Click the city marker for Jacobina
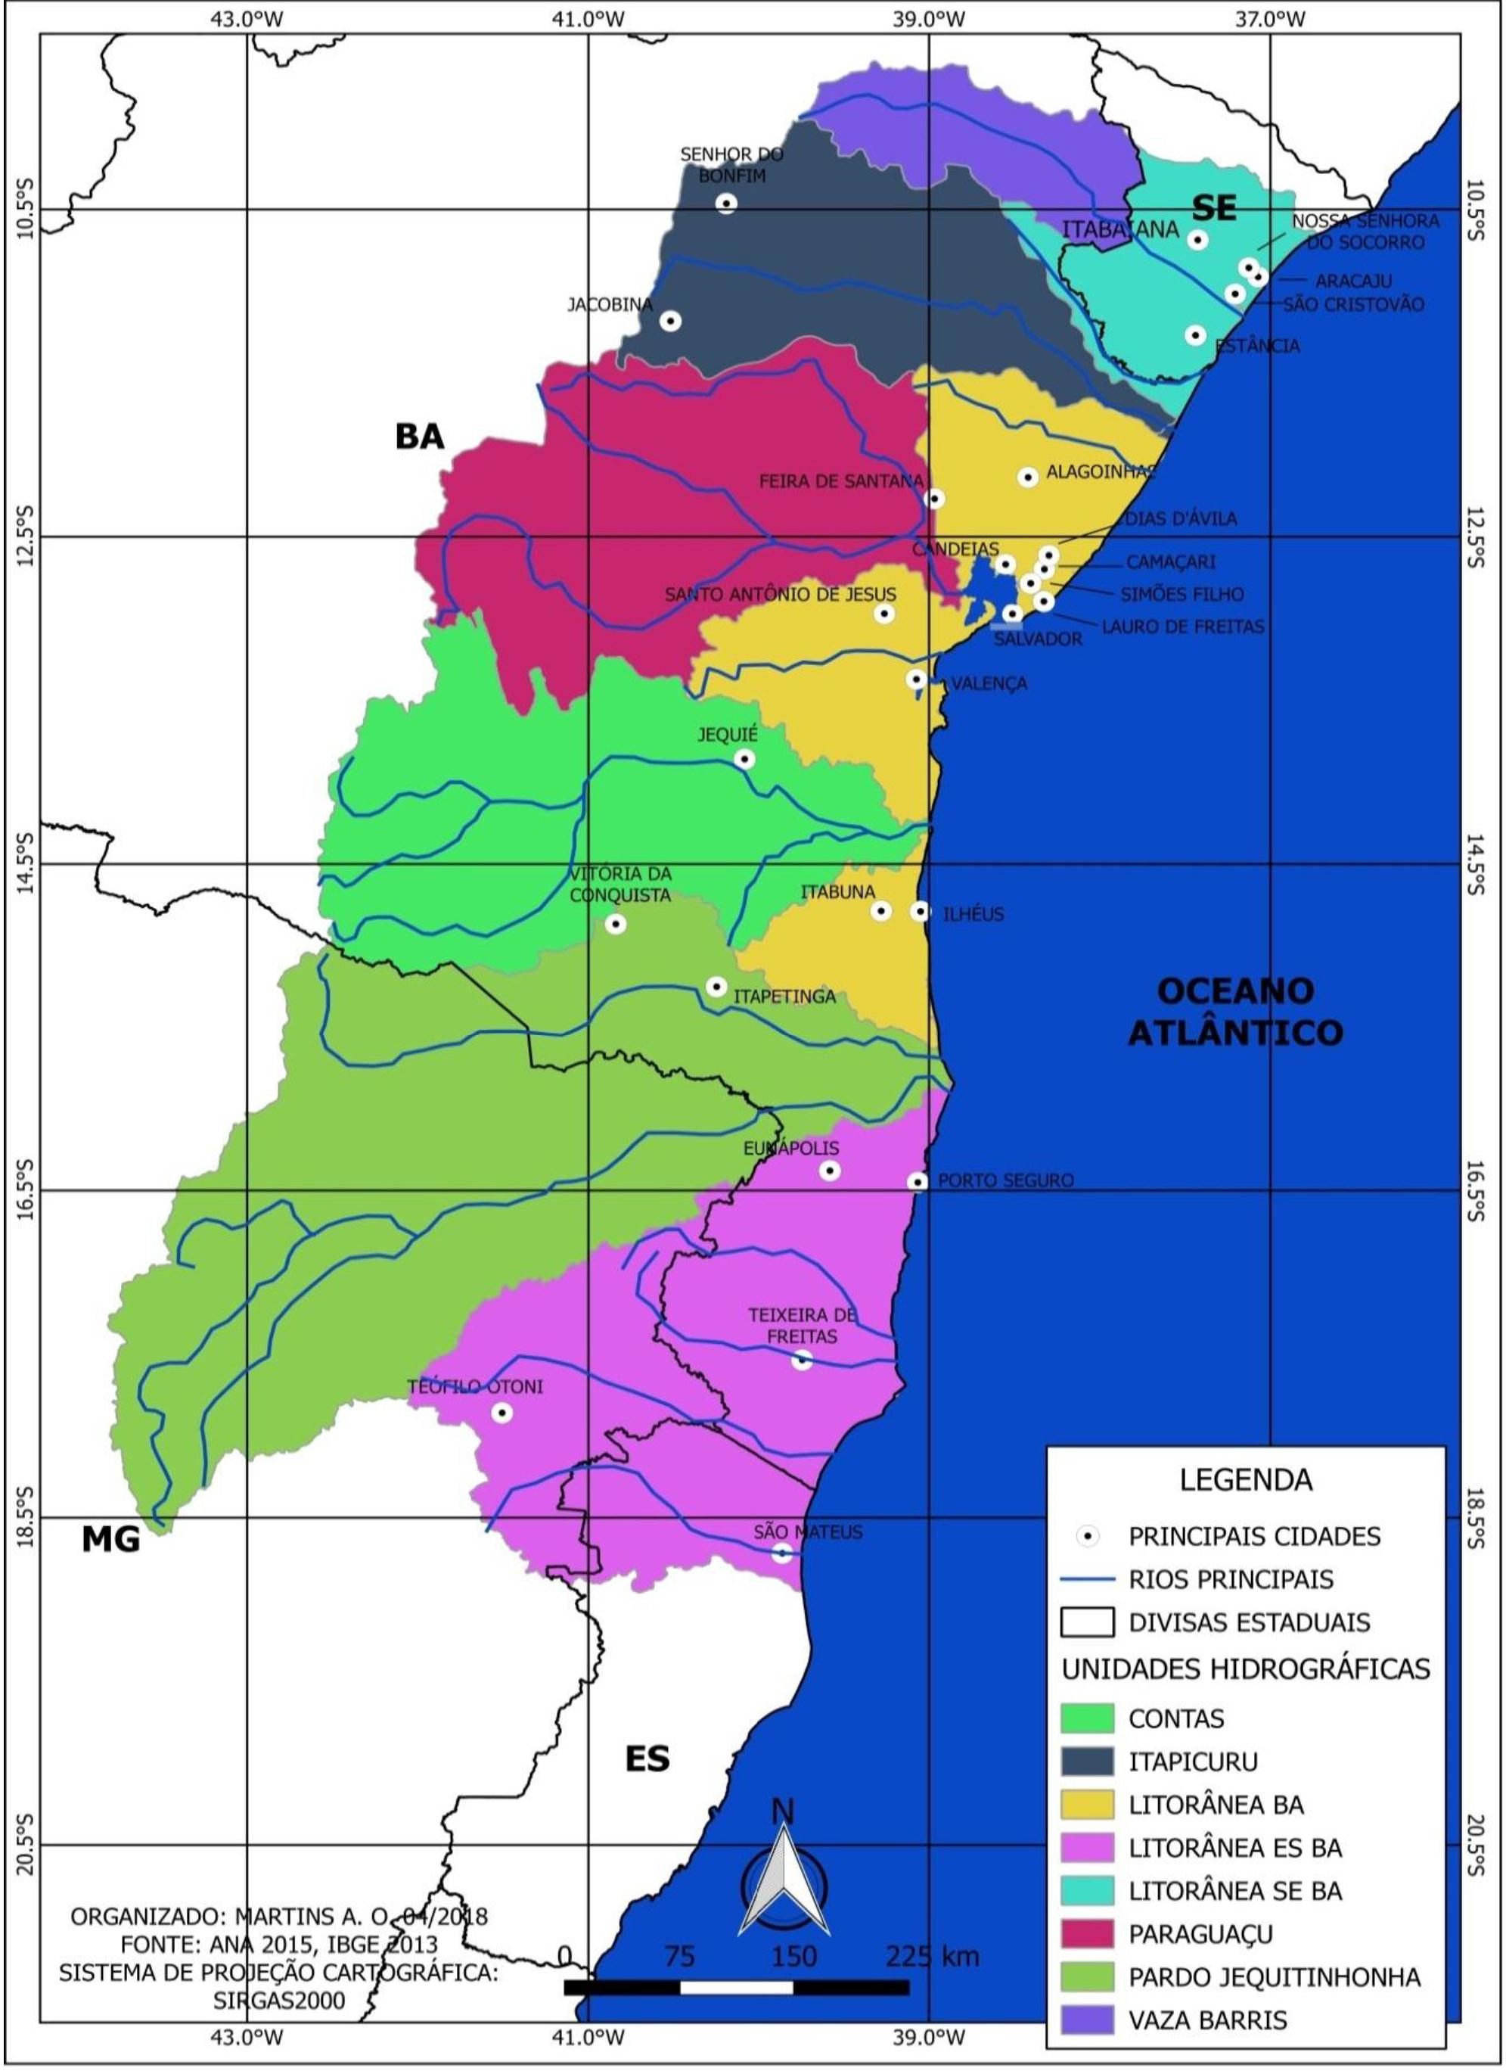(671, 321)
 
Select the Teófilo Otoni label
(474, 1387)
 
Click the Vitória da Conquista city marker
(616, 924)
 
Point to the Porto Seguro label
(1005, 1180)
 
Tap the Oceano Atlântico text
(1236, 1012)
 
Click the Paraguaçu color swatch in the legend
(1087, 1933)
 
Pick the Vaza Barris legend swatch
(1087, 2020)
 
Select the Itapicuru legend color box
(1087, 1762)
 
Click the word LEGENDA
(1245, 1479)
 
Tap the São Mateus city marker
(782, 1553)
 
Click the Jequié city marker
(745, 759)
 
